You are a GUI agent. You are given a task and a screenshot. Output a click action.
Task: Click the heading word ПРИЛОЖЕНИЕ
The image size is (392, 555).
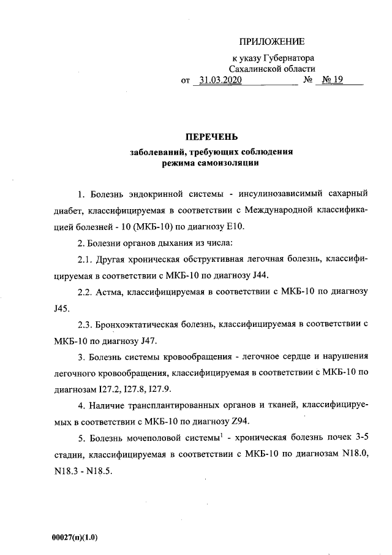271,42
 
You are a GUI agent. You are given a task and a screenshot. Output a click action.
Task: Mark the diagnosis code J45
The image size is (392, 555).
62,307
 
